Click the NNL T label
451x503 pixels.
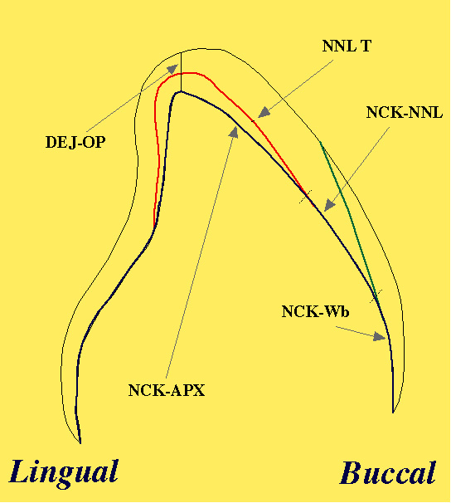(347, 46)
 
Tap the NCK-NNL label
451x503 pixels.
(405, 113)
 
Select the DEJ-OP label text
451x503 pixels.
(75, 142)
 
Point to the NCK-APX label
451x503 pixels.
(167, 390)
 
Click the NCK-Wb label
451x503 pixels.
(315, 311)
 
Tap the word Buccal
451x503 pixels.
(388, 472)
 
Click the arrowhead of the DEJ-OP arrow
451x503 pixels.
(173, 68)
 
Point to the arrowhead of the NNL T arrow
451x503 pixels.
(264, 112)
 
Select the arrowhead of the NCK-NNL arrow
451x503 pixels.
(329, 205)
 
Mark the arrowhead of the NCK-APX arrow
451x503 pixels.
(234, 132)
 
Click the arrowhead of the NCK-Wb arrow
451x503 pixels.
(380, 337)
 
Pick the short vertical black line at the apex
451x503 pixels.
(181, 71)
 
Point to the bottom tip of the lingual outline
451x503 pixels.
(80, 443)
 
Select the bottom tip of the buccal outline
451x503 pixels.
(393, 413)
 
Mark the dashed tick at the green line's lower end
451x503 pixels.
(376, 296)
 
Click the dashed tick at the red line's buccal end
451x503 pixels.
(306, 197)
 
